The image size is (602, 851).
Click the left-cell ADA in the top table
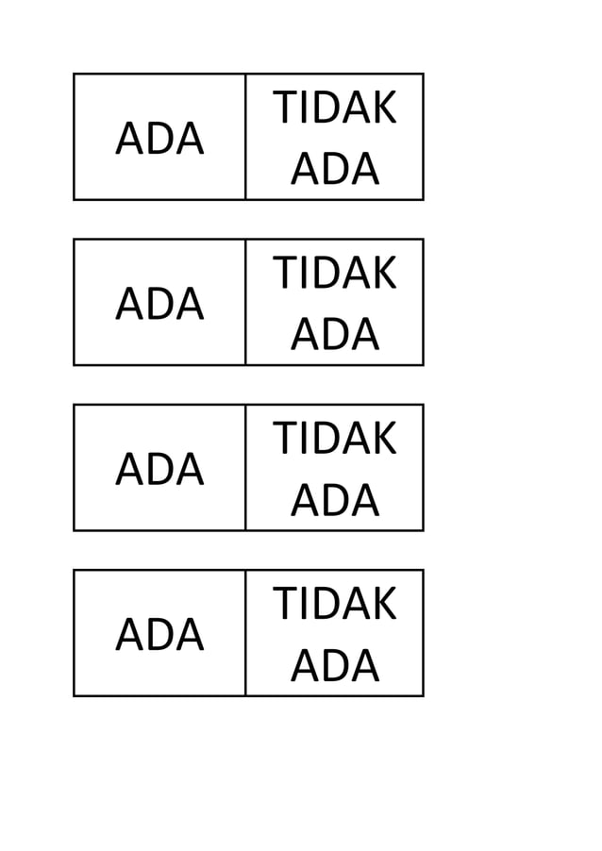[159, 140]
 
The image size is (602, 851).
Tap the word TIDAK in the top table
[335, 109]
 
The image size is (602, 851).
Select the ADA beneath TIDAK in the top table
[335, 171]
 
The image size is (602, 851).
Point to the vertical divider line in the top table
[245, 137]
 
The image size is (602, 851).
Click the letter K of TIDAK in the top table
[384, 109]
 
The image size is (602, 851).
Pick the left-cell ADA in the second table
[159, 305]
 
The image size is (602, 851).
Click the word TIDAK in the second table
[335, 275]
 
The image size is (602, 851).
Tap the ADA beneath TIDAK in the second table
[335, 336]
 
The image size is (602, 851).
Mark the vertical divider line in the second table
[245, 302]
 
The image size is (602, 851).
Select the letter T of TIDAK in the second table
[285, 275]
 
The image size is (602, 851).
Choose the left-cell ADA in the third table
[159, 470]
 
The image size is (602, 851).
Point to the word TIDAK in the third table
[335, 440]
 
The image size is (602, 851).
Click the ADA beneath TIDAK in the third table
[335, 501]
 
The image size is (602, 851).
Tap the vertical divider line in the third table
[245, 467]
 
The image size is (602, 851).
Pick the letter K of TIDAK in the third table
[384, 440]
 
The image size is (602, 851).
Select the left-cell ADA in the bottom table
[159, 635]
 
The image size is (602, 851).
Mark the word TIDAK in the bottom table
[335, 605]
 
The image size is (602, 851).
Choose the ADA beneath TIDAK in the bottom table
[335, 666]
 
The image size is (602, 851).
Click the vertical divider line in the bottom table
[245, 632]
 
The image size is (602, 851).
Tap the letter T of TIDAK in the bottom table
[285, 605]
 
